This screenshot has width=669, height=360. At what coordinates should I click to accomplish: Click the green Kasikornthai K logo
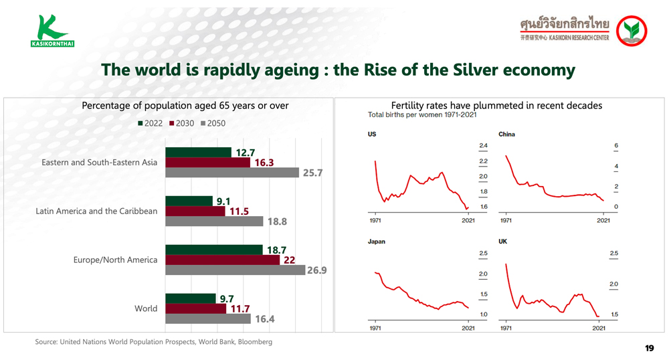(x=52, y=31)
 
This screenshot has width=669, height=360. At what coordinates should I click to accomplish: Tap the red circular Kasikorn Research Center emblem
(x=632, y=31)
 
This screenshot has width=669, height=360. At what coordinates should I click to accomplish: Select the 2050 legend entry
(x=213, y=123)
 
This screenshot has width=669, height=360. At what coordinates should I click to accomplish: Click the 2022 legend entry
(x=150, y=123)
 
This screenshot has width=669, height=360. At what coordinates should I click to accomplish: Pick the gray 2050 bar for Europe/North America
(x=235, y=270)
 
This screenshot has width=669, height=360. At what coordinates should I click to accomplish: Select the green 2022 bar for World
(x=190, y=298)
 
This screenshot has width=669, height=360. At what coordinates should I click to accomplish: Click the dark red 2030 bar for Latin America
(x=195, y=211)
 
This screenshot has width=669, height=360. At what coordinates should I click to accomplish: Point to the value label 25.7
(x=312, y=173)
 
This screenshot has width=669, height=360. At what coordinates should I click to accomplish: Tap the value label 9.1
(x=223, y=201)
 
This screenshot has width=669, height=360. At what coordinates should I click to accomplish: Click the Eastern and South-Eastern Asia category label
(x=100, y=163)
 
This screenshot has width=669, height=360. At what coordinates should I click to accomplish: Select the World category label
(x=146, y=308)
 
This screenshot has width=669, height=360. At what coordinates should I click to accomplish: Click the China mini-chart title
(x=506, y=134)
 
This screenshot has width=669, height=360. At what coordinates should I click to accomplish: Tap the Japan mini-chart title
(x=376, y=242)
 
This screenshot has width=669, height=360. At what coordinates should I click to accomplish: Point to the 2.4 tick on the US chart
(x=483, y=146)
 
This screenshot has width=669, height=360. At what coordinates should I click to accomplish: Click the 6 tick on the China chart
(x=616, y=146)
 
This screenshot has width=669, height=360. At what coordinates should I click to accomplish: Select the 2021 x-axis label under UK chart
(x=599, y=328)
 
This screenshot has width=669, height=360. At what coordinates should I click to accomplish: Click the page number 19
(x=650, y=348)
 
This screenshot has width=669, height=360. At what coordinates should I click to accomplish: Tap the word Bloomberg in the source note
(x=255, y=342)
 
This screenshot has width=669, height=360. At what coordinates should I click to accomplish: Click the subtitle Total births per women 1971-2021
(x=422, y=114)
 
